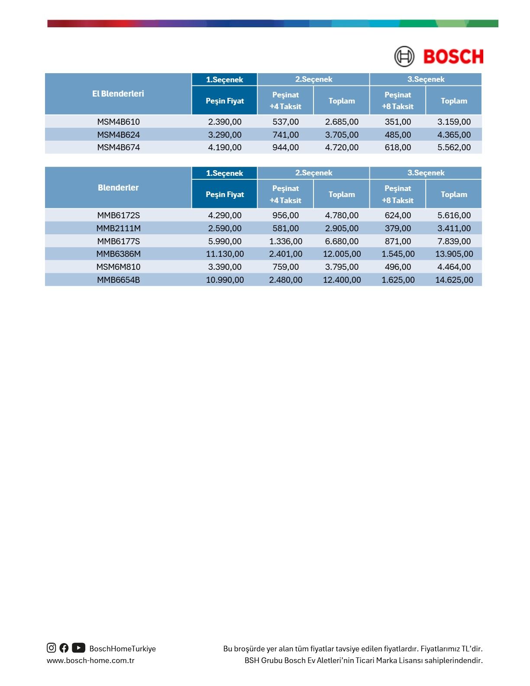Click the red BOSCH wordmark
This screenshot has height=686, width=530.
(x=453, y=57)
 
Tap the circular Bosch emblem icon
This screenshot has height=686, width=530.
(x=404, y=57)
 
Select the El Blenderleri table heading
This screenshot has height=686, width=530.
(x=118, y=94)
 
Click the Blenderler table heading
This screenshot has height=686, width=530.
(x=118, y=188)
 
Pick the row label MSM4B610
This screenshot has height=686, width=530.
(x=118, y=122)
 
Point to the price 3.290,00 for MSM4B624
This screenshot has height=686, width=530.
(x=225, y=135)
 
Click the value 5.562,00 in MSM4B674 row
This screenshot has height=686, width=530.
(x=454, y=147)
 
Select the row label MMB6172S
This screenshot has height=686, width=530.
(x=118, y=215)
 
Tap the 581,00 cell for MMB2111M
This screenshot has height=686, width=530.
(x=285, y=228)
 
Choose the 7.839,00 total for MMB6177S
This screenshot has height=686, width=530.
(x=454, y=241)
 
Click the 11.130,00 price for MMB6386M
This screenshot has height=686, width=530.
(x=225, y=254)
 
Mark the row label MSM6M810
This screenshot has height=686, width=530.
(x=118, y=267)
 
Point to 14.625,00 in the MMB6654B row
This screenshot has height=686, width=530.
(x=454, y=280)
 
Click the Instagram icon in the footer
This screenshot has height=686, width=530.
(x=52, y=648)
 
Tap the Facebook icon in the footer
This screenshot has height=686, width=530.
(x=64, y=648)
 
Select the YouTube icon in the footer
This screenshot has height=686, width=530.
(x=78, y=648)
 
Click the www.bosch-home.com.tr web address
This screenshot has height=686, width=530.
(x=90, y=660)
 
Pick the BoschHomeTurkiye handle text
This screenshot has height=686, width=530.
(x=123, y=649)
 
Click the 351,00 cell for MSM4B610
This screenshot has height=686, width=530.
(x=397, y=122)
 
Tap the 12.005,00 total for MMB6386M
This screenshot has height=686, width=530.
(x=342, y=254)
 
